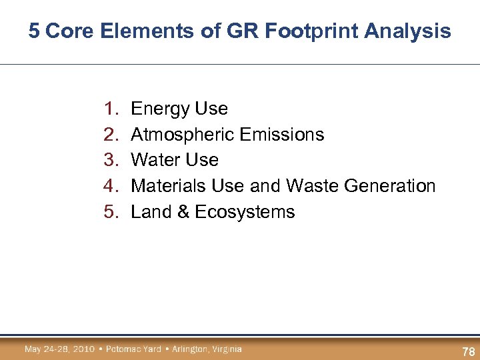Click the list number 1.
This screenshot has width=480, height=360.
(110, 109)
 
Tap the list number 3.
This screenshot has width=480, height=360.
(110, 160)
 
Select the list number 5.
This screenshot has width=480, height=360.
(110, 212)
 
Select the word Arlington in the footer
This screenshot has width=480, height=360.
(189, 349)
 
